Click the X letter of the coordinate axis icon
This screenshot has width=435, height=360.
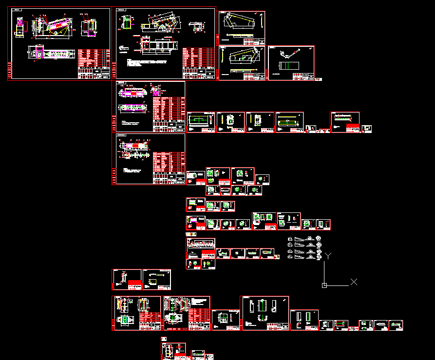(354, 282)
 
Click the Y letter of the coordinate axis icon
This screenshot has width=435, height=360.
(328, 255)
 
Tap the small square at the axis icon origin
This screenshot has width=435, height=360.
(324, 285)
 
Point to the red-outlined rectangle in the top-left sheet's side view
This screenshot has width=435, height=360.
(20, 24)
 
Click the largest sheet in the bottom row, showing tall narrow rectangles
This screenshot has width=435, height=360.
(265, 313)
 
